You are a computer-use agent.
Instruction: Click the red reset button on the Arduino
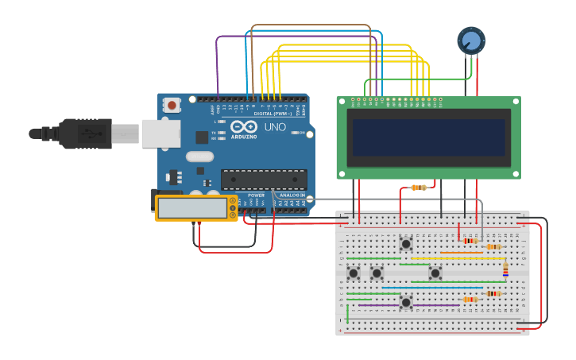172,105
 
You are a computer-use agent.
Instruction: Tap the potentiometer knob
470,40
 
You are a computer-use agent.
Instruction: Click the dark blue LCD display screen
429,137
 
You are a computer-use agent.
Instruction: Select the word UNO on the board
275,127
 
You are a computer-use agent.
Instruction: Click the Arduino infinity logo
244,127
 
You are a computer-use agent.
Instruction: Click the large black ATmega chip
263,180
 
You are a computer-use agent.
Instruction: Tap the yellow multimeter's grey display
192,208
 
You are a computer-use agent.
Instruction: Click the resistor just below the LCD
418,188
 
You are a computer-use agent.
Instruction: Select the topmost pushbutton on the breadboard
406,244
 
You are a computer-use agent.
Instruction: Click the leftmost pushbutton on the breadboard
354,273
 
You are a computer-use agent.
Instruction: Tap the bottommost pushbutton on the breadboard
406,302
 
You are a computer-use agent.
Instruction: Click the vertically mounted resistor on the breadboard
505,270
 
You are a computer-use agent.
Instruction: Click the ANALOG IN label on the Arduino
292,195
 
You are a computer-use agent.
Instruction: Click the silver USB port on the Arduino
160,134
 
